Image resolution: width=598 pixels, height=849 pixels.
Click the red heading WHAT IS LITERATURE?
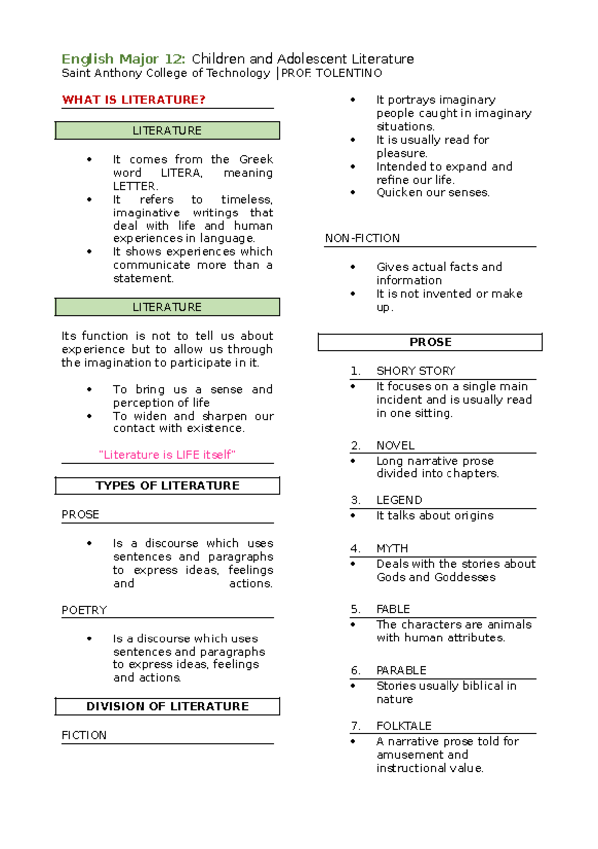134,100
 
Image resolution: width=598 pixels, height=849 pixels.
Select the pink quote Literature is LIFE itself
167,455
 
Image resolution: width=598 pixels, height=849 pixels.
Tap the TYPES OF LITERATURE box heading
167,486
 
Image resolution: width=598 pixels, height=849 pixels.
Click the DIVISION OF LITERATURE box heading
167,706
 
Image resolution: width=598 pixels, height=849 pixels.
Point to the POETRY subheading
84,610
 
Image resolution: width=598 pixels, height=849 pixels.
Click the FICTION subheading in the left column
84,735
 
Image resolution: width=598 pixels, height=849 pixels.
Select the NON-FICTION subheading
362,238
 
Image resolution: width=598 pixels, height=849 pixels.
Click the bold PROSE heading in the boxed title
431,342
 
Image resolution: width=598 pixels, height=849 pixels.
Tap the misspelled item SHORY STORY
416,371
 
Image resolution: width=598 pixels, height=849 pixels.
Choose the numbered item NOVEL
395,445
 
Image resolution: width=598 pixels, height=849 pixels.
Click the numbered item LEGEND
399,500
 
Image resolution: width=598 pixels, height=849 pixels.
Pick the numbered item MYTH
392,548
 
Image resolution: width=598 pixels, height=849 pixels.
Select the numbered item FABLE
393,609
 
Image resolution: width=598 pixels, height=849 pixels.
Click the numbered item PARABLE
401,670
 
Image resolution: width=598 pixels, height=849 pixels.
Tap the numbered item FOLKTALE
404,726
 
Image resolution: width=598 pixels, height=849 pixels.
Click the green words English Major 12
123,59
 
